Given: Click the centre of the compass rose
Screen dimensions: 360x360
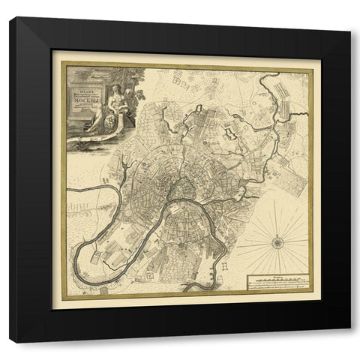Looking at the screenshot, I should pos(276,241).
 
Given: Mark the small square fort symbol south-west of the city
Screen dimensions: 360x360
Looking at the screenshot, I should pos(149,277).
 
